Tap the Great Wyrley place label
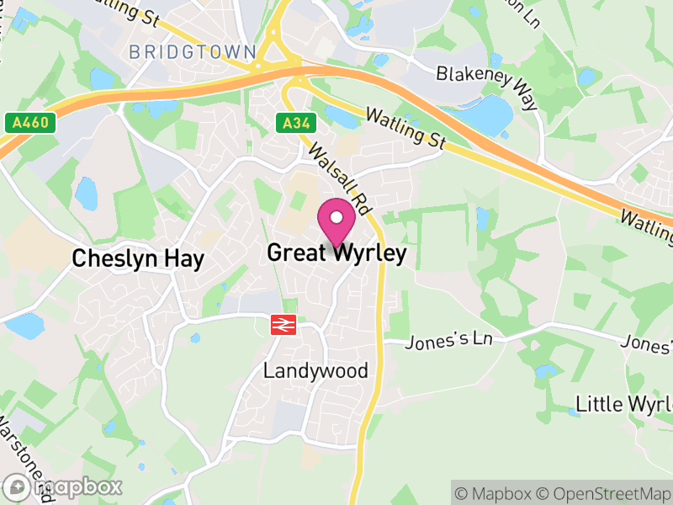[x=336, y=253]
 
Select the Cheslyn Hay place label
[x=138, y=258]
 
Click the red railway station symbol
[x=282, y=325]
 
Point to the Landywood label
[x=315, y=370]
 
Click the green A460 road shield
[x=34, y=124]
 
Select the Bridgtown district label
[x=193, y=52]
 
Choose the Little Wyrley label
[x=623, y=404]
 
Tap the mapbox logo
[x=63, y=486]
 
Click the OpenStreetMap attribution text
[x=604, y=493]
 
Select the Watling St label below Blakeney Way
[x=406, y=127]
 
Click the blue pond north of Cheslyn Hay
[x=86, y=194]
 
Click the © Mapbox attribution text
[x=496, y=493]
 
